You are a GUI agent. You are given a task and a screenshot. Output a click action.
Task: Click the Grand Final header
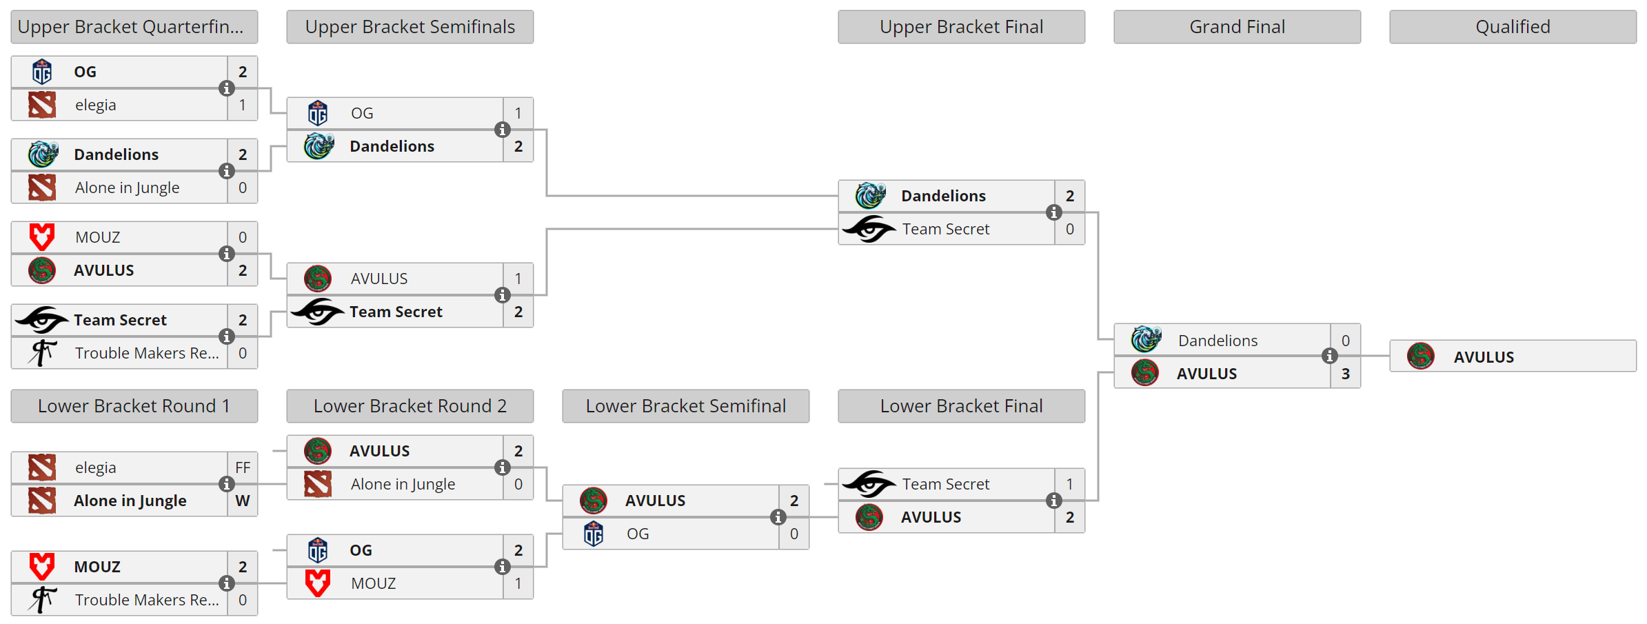point(1237,27)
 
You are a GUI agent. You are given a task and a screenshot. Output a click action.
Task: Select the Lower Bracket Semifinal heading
point(685,406)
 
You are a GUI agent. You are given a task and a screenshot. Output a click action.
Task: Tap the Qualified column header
point(1513,27)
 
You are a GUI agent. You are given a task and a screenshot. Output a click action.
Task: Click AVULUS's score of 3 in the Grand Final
point(1345,374)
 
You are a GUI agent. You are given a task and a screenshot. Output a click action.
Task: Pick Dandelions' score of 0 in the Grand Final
point(1345,341)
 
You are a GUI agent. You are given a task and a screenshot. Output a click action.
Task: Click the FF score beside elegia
point(243,467)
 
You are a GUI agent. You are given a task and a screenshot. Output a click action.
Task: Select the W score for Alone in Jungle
point(243,501)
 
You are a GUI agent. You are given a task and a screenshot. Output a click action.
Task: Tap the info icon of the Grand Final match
point(1330,356)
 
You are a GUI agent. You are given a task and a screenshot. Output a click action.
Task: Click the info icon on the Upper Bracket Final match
point(1054,212)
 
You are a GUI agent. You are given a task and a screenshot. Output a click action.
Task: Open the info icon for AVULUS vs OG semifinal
point(778,517)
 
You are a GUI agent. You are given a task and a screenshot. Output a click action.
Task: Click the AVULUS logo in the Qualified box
point(1421,356)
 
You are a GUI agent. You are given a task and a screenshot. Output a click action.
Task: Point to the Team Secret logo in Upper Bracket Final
point(869,229)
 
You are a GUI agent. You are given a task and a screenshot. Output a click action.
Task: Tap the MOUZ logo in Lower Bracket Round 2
point(318,583)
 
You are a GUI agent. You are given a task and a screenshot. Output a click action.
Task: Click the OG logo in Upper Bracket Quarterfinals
point(42,72)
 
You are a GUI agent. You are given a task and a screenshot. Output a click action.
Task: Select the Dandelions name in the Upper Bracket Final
point(943,196)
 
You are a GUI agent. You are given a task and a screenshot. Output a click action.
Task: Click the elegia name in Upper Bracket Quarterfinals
point(95,105)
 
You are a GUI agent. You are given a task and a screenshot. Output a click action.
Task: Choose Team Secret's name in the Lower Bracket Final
point(945,484)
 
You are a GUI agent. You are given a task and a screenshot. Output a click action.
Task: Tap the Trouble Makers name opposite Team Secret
point(146,353)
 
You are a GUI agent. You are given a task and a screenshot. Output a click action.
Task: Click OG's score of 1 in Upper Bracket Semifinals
point(518,113)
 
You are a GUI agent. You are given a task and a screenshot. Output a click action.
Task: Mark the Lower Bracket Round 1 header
point(134,406)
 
